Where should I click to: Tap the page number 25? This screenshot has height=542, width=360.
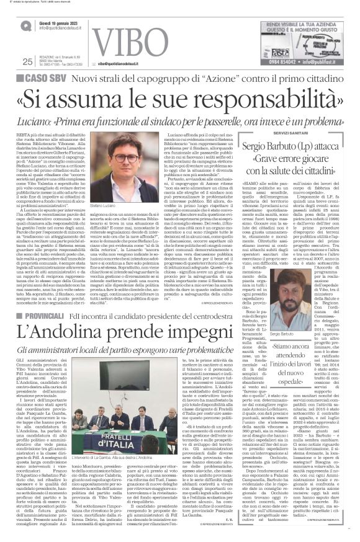[x=27, y=61]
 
